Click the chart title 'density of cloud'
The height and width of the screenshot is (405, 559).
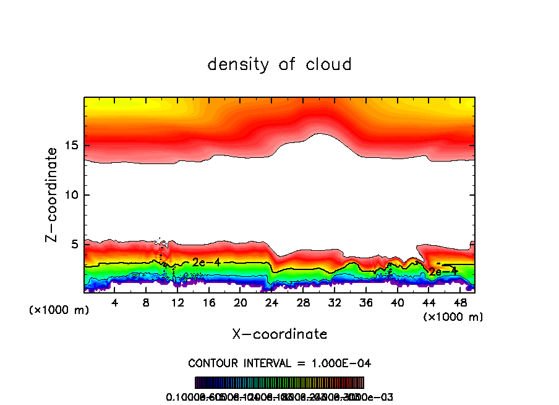pyautogui.click(x=279, y=64)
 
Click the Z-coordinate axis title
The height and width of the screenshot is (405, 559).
pyautogui.click(x=52, y=194)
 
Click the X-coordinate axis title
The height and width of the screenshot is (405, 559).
pyautogui.click(x=279, y=334)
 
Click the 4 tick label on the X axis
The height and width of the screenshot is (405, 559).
pyautogui.click(x=115, y=302)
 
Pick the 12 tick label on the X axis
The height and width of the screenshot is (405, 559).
pyautogui.click(x=177, y=302)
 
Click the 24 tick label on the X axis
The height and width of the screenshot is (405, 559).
pyautogui.click(x=271, y=302)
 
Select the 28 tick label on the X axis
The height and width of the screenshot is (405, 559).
pyautogui.click(x=303, y=302)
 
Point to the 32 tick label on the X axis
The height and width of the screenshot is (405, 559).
pyautogui.click(x=334, y=302)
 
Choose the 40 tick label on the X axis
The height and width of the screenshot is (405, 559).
pyautogui.click(x=397, y=302)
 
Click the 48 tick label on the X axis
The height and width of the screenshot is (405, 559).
pyautogui.click(x=459, y=302)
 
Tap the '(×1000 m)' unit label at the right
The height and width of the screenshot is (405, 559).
pyautogui.click(x=453, y=317)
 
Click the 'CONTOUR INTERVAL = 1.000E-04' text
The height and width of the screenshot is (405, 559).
pyautogui.click(x=279, y=363)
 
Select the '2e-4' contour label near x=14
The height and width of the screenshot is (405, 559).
pyautogui.click(x=207, y=263)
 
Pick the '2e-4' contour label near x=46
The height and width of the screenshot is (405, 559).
pyautogui.click(x=443, y=271)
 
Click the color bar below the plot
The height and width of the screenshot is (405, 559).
pyautogui.click(x=279, y=383)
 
